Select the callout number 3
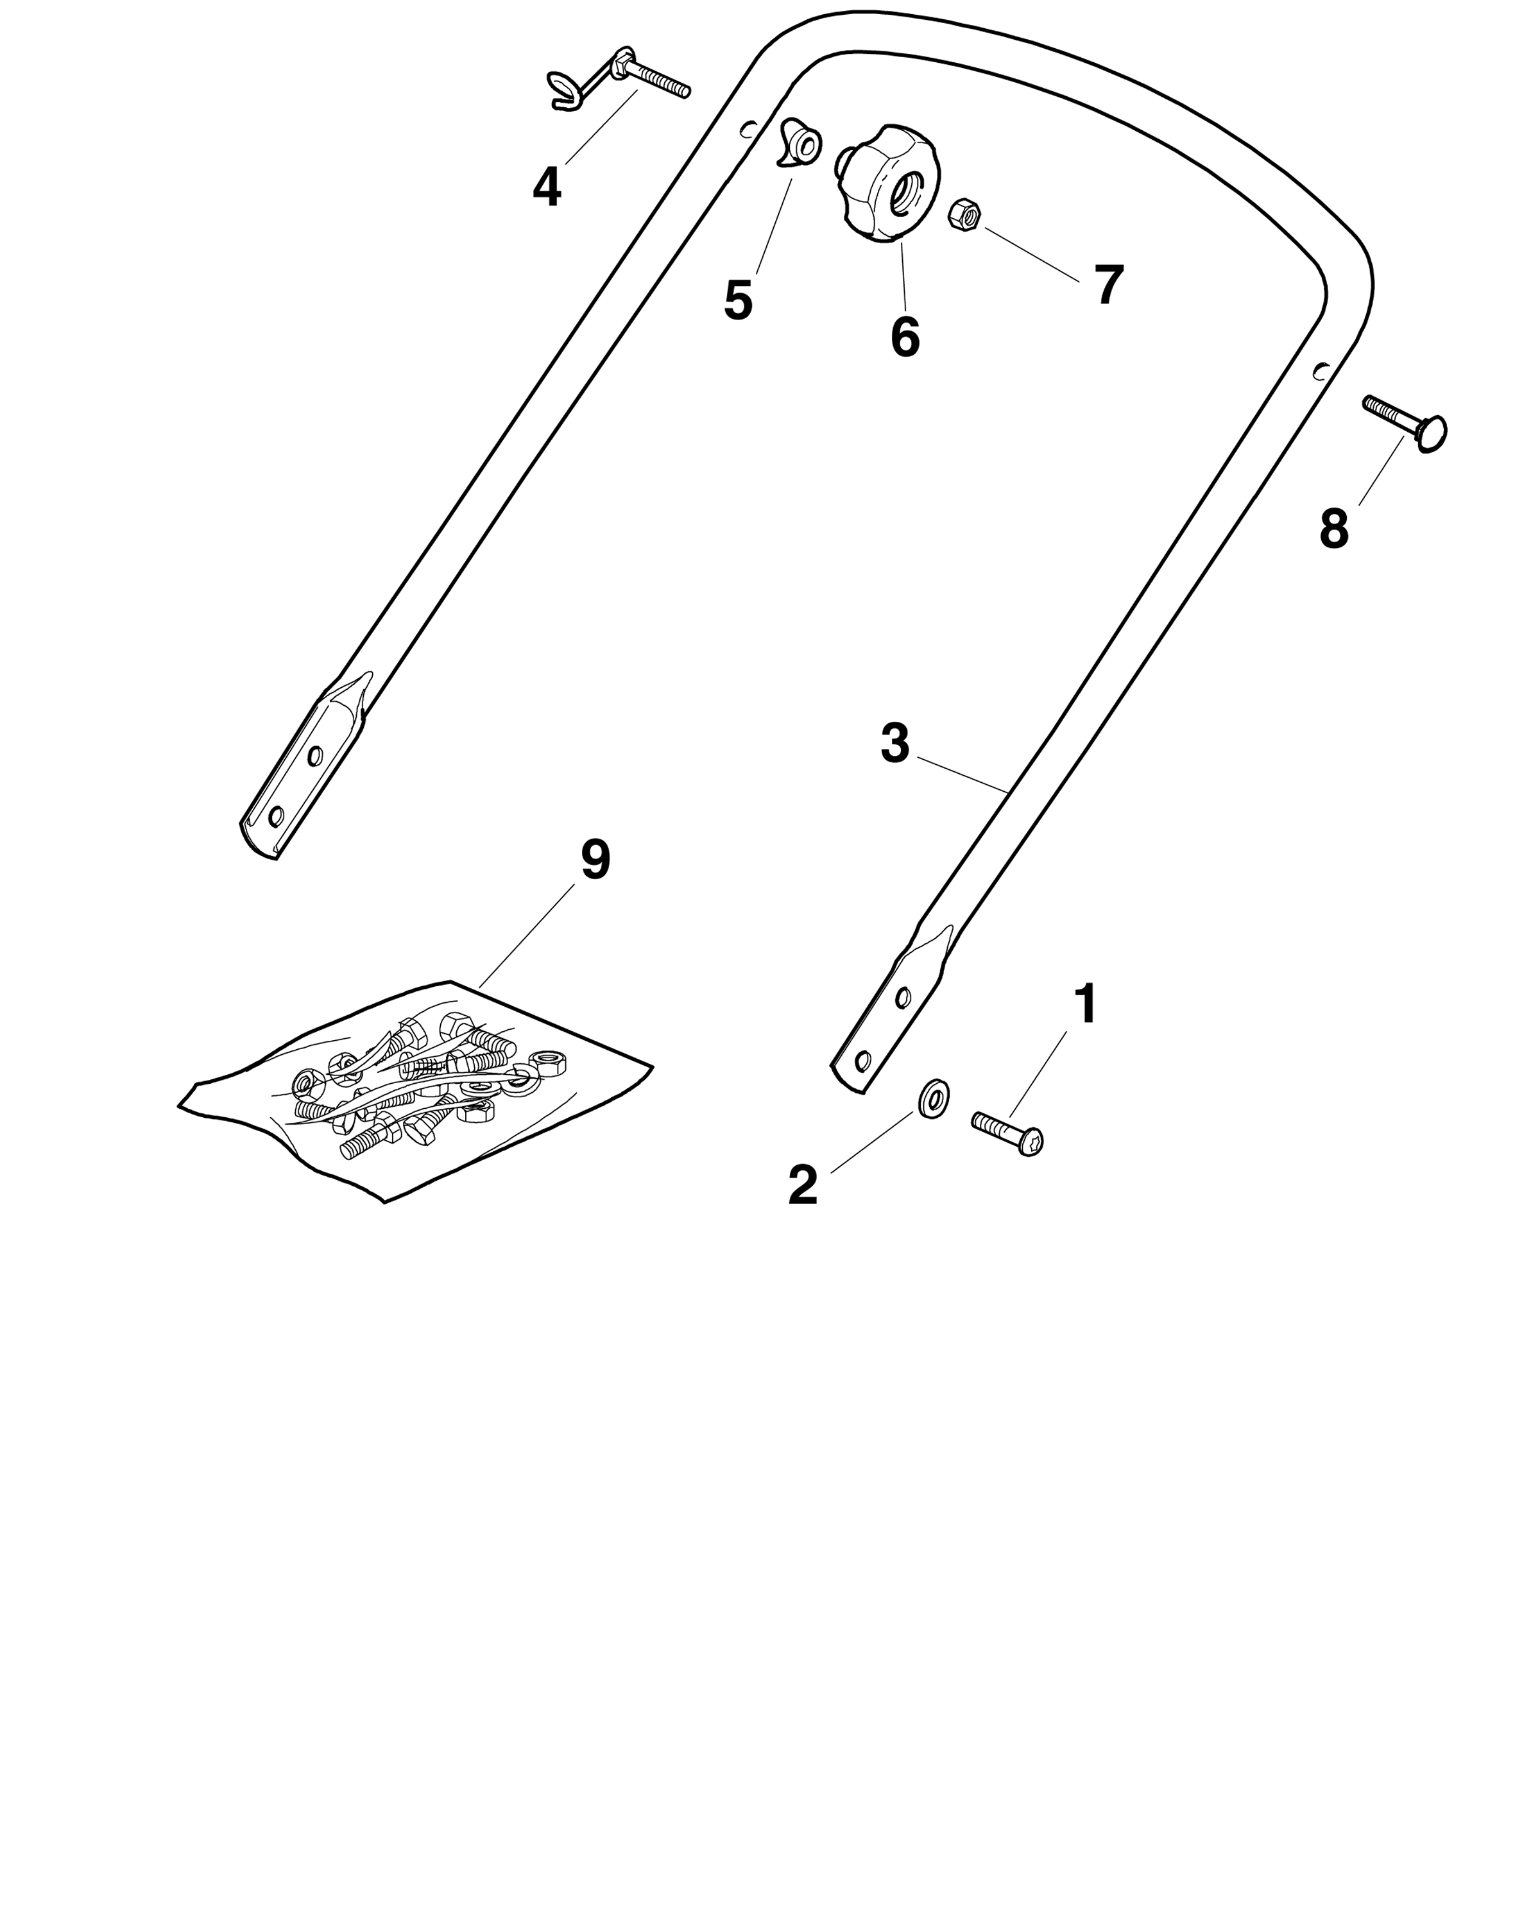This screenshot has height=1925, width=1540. [894, 743]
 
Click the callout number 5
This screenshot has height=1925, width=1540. [739, 300]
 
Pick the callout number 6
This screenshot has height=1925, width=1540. [904, 337]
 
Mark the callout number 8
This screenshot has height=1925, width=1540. [1334, 529]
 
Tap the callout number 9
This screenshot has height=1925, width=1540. [595, 860]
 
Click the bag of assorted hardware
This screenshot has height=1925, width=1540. [415, 1090]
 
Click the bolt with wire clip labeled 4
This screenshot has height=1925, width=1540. [618, 80]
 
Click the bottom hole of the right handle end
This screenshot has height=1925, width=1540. [862, 1061]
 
